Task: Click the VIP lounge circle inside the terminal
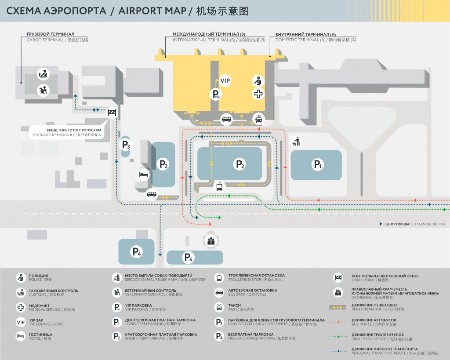pos(225,80)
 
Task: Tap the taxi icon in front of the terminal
pos(259,118)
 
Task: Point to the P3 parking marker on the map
pos(126,145)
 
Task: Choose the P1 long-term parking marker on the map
pos(317,165)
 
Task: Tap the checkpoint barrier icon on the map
pos(112,113)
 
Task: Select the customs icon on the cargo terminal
pos(43,74)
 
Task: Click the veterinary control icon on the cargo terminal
pos(43,90)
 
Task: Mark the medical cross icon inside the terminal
pos(258,94)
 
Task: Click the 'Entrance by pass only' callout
pos(67,132)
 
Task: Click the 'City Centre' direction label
pos(415,224)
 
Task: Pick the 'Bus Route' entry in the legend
pos(374,322)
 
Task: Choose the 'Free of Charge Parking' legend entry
pos(261,336)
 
